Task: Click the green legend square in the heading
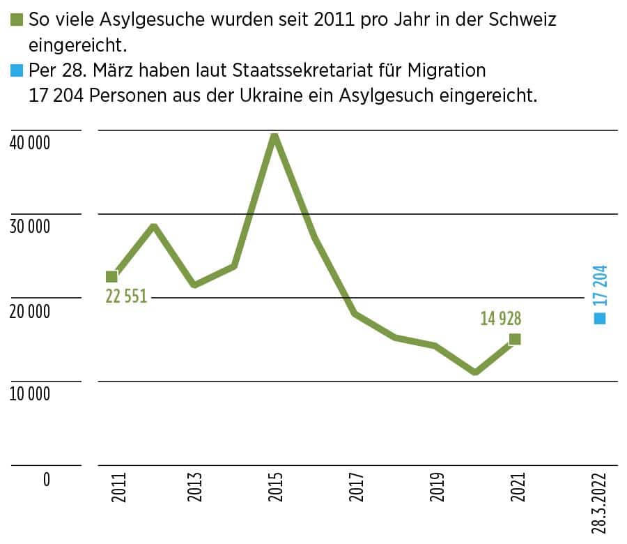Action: pyautogui.click(x=17, y=20)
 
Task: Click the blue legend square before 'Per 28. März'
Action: pyautogui.click(x=17, y=71)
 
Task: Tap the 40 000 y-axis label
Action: pyautogui.click(x=29, y=143)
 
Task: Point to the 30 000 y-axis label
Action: pyautogui.click(x=29, y=227)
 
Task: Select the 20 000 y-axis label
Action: pyautogui.click(x=29, y=311)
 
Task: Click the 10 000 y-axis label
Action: pyautogui.click(x=29, y=395)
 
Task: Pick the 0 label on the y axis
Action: pyautogui.click(x=46, y=479)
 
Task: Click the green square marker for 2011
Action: pyautogui.click(x=111, y=277)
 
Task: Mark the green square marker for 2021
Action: pyautogui.click(x=515, y=339)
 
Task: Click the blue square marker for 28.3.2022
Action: pyautogui.click(x=600, y=318)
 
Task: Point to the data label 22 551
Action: pyautogui.click(x=126, y=296)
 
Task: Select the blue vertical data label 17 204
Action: pyautogui.click(x=600, y=285)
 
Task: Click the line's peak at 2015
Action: pyautogui.click(x=274, y=135)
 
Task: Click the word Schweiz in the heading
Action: pyautogui.click(x=523, y=20)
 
